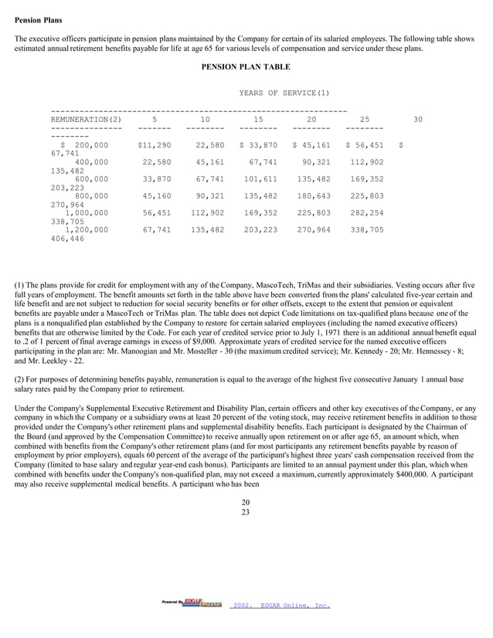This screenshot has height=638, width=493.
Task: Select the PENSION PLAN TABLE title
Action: point(246,67)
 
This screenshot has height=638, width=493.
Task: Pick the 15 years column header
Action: point(258,120)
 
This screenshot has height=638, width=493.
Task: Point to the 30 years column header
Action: point(418,120)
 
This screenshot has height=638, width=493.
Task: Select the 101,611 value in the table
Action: point(260,178)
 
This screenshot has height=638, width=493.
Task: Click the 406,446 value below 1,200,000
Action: point(68,239)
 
